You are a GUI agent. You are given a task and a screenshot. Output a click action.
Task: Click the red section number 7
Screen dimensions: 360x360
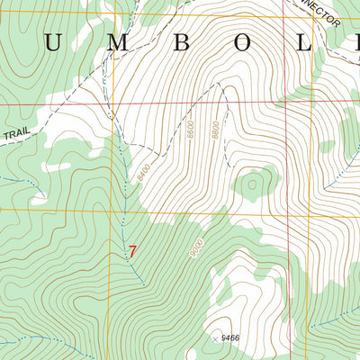click(132, 252)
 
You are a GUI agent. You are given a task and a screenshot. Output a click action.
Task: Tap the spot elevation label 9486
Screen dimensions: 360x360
click(232, 337)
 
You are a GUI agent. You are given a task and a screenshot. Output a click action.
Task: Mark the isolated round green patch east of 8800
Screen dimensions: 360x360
click(252, 186)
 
